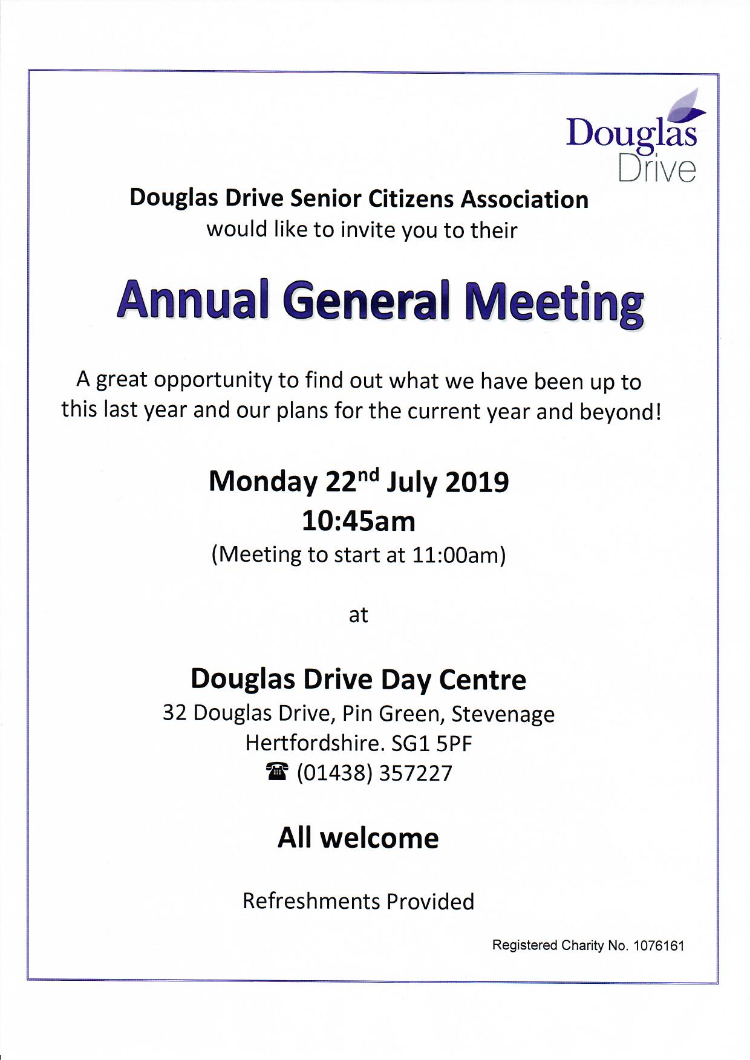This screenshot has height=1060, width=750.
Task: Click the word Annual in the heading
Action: coord(193,300)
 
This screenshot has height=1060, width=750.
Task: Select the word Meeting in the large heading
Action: coord(553,302)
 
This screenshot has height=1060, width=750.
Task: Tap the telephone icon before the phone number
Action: coord(277,772)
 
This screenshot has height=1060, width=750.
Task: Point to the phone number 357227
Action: coord(415,773)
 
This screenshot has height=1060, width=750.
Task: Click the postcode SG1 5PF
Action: coord(431,743)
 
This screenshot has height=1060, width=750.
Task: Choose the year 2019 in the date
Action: coord(477,482)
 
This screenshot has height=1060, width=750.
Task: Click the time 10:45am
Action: coord(359,521)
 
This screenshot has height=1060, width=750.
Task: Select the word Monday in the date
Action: coord(262,482)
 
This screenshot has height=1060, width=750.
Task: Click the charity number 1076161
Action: coord(659,945)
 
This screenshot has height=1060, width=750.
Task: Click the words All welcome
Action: coord(358,838)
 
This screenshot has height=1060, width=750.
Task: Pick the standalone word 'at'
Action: coord(358,615)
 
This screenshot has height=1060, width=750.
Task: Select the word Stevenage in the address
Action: coord(503,714)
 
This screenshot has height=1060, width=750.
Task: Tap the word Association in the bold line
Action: coord(524,199)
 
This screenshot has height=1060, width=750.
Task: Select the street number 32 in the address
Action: coord(175,713)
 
